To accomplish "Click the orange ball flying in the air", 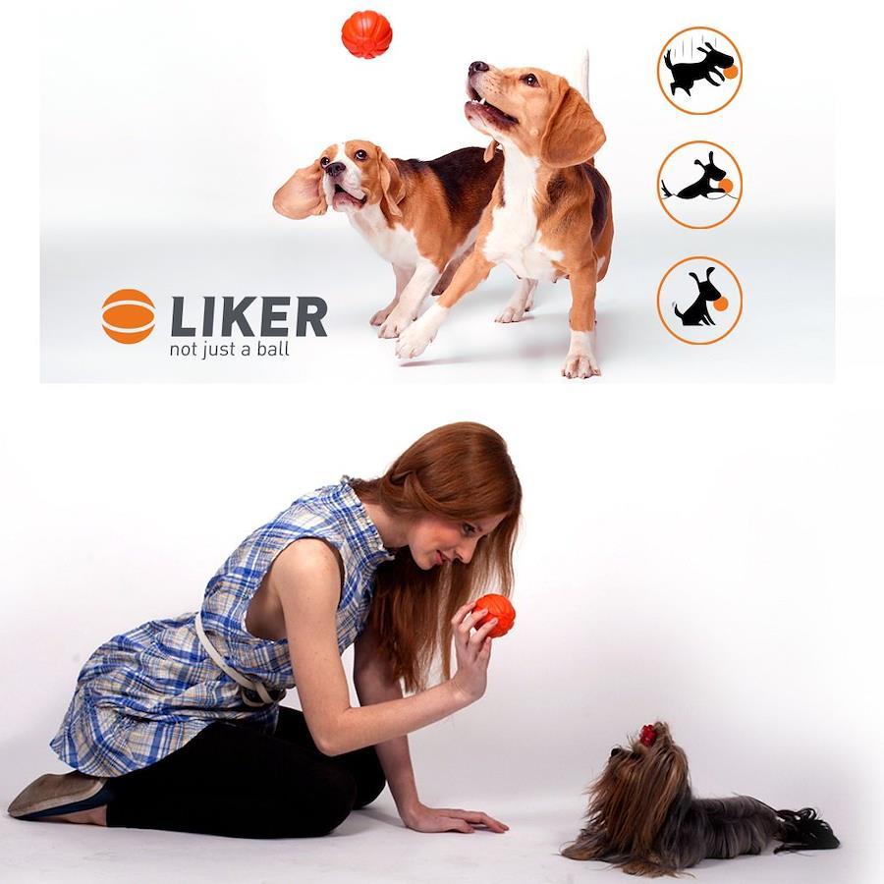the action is point(366,34).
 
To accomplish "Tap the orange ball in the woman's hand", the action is point(494,616).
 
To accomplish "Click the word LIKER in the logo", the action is point(249,316).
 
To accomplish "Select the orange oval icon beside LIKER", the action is point(129,316).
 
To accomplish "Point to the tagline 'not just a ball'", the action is point(230,350).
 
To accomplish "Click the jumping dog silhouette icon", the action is point(699,71).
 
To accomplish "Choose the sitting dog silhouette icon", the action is point(699,301).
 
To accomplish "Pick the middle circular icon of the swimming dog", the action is point(699,185).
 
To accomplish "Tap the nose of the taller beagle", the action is point(478,68).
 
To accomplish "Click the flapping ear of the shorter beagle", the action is point(300,192).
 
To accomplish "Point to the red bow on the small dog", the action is point(647,734).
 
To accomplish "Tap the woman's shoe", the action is point(56,795).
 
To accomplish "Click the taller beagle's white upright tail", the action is point(584,74).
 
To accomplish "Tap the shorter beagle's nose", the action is point(336,168).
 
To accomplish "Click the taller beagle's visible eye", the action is point(530,80).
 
